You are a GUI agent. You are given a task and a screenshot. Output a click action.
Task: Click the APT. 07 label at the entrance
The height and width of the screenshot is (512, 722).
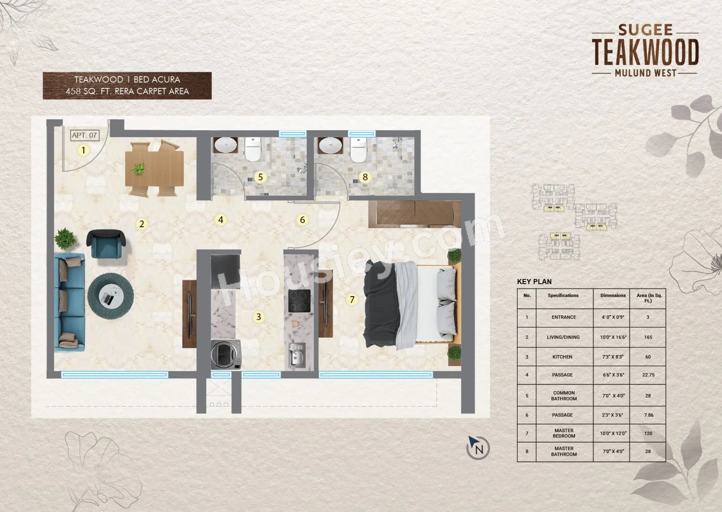coord(84,135)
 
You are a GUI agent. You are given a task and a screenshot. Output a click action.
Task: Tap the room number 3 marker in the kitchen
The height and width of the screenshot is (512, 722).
coord(259,317)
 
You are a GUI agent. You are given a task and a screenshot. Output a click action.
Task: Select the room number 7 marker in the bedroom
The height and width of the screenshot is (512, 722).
coord(352,299)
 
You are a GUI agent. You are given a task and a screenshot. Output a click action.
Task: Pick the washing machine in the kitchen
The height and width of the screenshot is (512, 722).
coord(226,354)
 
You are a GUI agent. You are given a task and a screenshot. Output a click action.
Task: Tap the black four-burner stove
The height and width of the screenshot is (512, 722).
coord(299,301)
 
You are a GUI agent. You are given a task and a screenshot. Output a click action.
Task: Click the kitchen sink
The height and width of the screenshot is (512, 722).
coord(297,355)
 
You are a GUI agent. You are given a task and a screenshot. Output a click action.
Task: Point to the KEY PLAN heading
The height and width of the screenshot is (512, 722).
coord(534,282)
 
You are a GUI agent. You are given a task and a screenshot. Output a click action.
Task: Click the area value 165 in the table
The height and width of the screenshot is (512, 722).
coord(648,337)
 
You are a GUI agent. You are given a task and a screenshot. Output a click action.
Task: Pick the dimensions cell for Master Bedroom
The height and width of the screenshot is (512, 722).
coord(613,433)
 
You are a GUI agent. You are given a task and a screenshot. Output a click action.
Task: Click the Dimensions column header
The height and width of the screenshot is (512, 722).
coord(613,295)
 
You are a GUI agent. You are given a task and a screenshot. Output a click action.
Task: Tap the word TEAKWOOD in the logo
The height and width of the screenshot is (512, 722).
coord(645,52)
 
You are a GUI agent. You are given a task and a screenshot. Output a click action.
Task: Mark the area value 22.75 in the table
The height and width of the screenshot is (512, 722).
coord(648,375)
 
